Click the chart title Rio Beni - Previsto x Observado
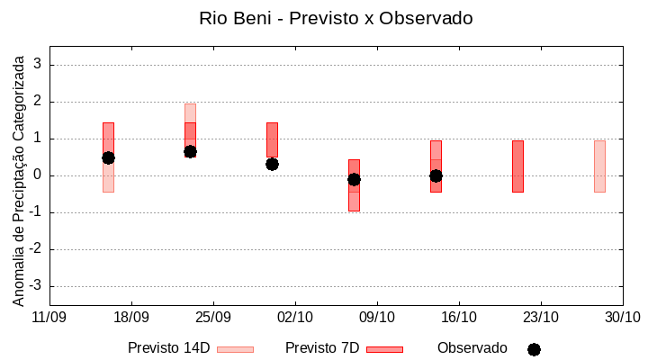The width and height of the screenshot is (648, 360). click(x=336, y=18)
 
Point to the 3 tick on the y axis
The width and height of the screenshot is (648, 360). click(x=39, y=65)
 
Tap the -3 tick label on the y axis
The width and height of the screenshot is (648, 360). click(x=36, y=286)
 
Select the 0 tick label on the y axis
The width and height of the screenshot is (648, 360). click(x=39, y=175)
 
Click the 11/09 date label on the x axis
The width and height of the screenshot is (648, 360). click(x=49, y=317)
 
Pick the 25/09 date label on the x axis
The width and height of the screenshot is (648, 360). click(x=213, y=317)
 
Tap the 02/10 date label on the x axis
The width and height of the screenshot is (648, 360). click(x=295, y=317)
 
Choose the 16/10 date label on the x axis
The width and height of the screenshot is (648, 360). click(x=459, y=317)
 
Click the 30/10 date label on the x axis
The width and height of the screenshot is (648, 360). click(x=622, y=317)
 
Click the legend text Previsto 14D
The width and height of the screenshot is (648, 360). click(x=169, y=348)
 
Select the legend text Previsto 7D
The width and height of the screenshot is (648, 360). click(x=322, y=348)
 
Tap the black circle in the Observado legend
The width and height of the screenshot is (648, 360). click(x=534, y=349)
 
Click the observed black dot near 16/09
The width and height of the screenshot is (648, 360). click(x=108, y=157)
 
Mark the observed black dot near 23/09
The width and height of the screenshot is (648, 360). click(x=190, y=151)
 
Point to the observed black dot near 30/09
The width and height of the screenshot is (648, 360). click(x=272, y=164)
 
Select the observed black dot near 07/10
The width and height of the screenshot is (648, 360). click(x=354, y=179)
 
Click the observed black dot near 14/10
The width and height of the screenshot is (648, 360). click(x=436, y=175)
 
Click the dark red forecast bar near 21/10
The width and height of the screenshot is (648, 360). click(x=517, y=166)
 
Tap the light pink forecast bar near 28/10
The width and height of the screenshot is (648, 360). click(x=599, y=166)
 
